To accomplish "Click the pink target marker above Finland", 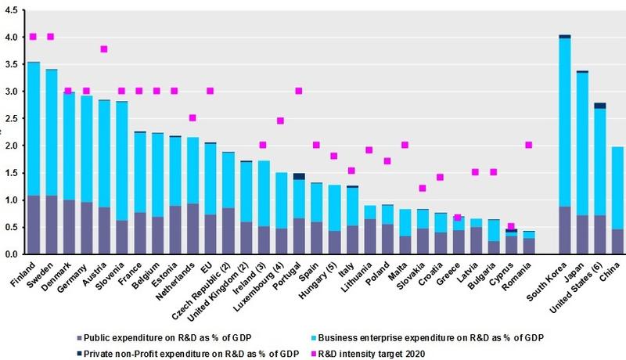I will [x=33, y=37].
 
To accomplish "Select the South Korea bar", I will [x=564, y=145].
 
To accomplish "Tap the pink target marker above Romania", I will [x=529, y=145].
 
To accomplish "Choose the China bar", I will [x=617, y=200].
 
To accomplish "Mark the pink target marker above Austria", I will [x=104, y=49].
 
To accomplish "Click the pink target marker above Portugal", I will [x=298, y=91].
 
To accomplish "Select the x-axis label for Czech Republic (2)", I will [x=207, y=289].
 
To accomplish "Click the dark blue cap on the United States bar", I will [x=599, y=106].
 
